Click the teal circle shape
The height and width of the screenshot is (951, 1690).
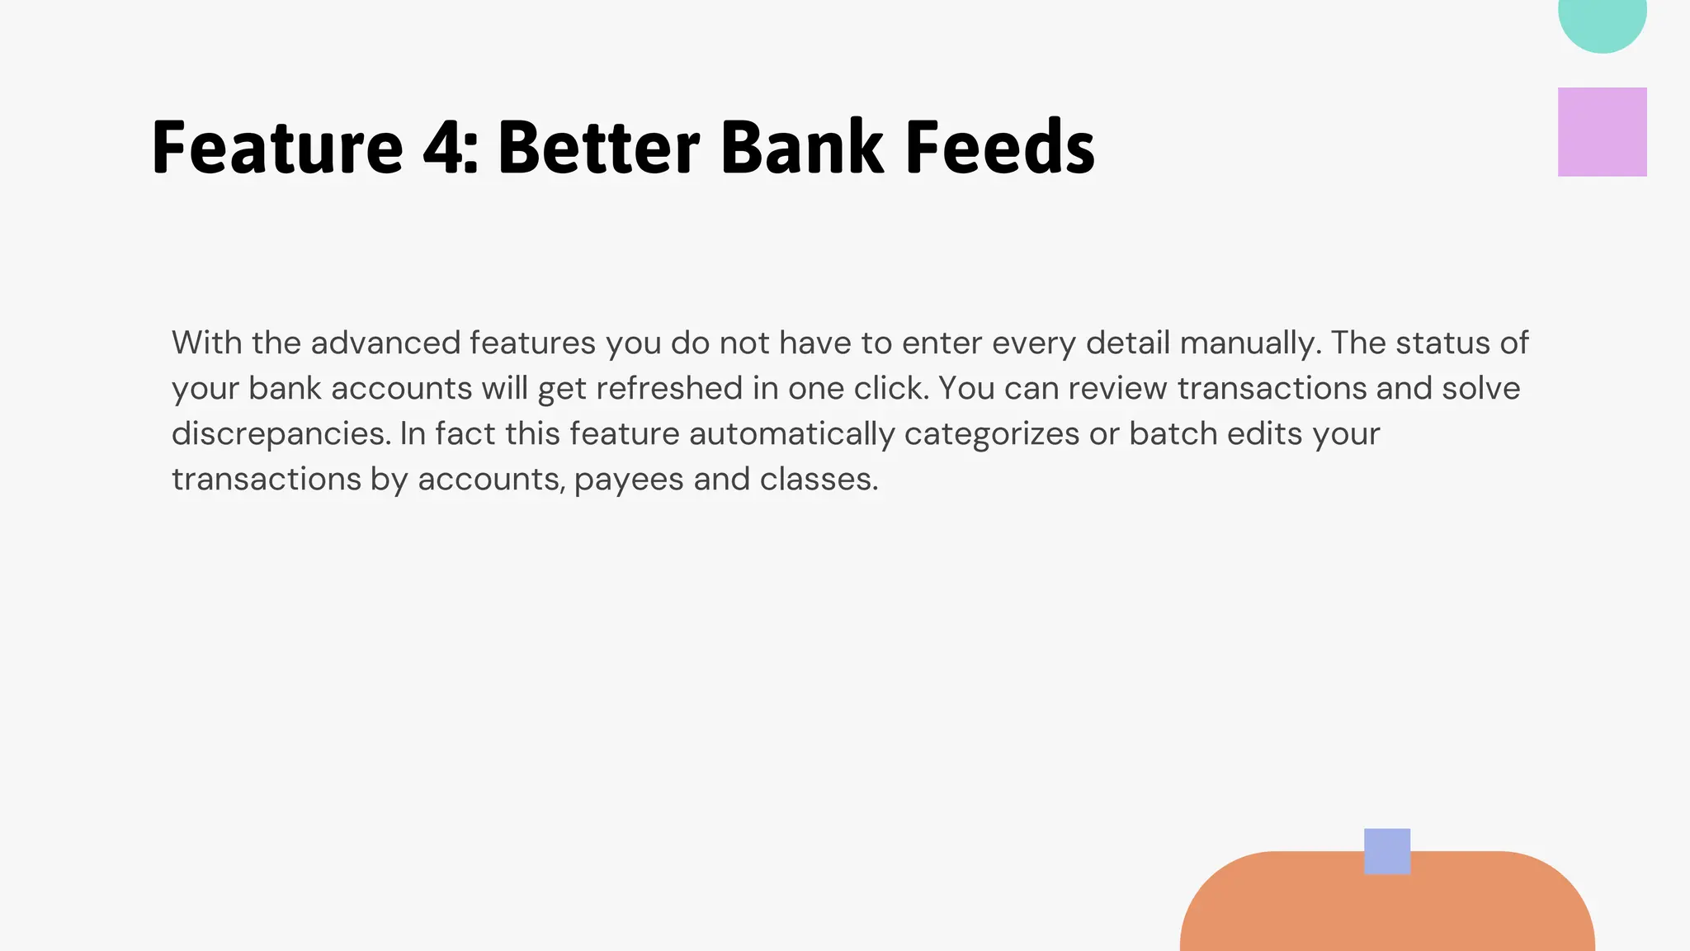point(1602,18)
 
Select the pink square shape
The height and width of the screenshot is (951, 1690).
point(1602,132)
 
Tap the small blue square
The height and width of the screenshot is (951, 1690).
point(1386,851)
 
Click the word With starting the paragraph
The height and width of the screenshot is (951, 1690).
point(206,343)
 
